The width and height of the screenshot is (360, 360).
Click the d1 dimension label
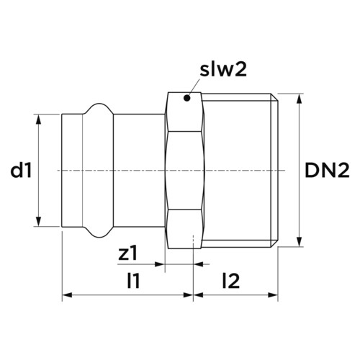(x=21, y=171)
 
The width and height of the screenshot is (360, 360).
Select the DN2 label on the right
(x=327, y=171)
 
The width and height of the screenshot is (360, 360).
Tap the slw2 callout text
(x=223, y=70)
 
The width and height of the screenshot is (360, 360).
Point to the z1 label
(x=128, y=254)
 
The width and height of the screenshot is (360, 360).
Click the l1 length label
(x=133, y=281)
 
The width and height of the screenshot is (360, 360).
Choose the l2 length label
(x=231, y=281)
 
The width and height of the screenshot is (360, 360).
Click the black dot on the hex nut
(x=187, y=98)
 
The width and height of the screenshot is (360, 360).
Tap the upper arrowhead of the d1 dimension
(x=38, y=120)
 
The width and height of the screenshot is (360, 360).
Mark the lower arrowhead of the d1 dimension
(x=38, y=221)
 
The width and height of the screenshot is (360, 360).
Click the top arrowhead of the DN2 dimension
(x=299, y=99)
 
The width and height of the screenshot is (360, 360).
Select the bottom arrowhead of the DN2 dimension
(x=299, y=241)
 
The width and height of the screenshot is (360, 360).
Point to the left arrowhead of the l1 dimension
(x=67, y=294)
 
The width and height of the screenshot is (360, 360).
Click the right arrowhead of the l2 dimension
(x=273, y=294)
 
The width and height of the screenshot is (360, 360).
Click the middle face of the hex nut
(x=184, y=171)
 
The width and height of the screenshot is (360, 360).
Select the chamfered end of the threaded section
(x=275, y=171)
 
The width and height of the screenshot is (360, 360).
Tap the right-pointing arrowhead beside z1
(x=160, y=264)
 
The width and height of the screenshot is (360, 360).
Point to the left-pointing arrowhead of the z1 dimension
(x=199, y=264)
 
